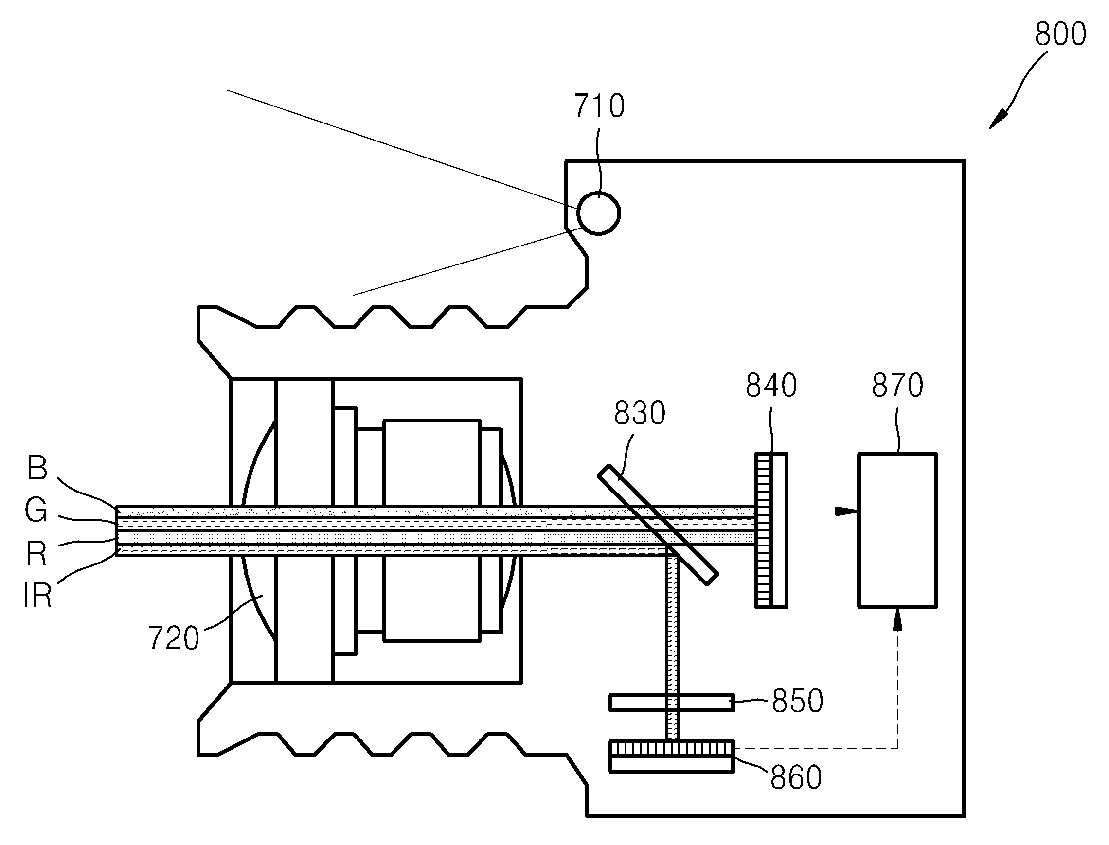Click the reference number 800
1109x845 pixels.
click(x=1060, y=34)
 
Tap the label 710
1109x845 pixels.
click(x=599, y=106)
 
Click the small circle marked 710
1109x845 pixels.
click(x=598, y=213)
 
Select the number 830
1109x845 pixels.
click(x=640, y=413)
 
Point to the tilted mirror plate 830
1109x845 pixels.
click(x=658, y=525)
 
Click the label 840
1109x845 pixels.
click(x=771, y=385)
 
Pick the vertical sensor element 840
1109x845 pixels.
click(x=771, y=530)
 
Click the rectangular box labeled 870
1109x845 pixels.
click(x=897, y=530)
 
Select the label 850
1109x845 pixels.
click(x=798, y=701)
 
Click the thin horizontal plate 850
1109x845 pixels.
click(x=672, y=703)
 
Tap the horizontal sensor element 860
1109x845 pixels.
click(x=672, y=756)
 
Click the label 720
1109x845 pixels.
click(x=174, y=638)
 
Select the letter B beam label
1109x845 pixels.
click(x=38, y=467)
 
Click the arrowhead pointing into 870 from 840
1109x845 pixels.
click(x=846, y=511)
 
